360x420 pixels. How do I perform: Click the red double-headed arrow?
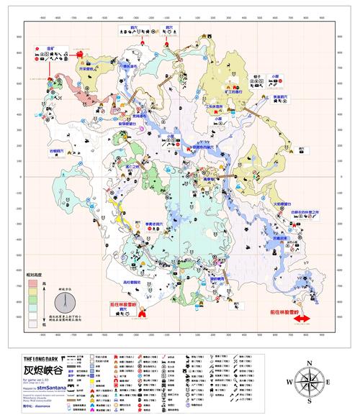tap(300, 319)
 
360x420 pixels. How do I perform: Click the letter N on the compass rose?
tap(309, 363)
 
